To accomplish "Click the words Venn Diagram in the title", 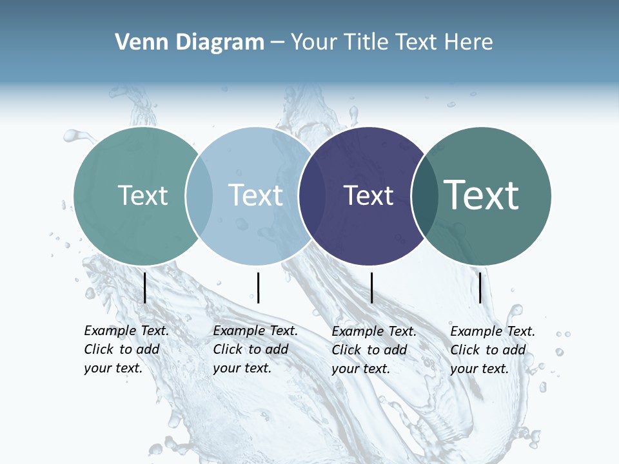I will [190, 43].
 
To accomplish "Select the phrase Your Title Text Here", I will [391, 43].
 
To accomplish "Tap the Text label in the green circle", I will [142, 195].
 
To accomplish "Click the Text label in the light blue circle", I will [255, 195].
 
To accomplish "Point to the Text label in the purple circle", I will [369, 195].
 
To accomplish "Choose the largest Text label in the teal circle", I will [482, 195].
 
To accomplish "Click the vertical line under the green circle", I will [145, 287].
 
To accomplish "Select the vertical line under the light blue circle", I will [258, 287].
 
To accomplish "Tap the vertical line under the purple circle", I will [371, 287].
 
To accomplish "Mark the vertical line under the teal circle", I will [480, 287].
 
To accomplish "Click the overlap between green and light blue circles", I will [199, 196].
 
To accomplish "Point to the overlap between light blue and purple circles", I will [312, 196].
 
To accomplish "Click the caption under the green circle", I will [126, 349].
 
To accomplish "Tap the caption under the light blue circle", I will [255, 349].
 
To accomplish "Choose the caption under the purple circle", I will [373, 350].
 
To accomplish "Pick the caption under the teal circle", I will [492, 350].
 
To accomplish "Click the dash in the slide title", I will [277, 43].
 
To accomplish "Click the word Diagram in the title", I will [219, 43].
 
